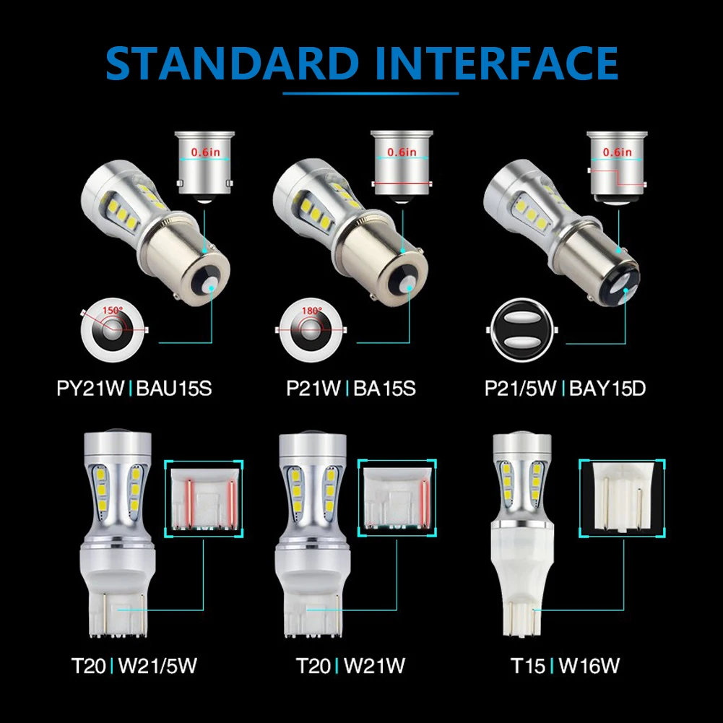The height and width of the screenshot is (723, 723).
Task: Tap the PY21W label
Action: click(90, 389)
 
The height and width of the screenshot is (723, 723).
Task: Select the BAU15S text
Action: click(174, 389)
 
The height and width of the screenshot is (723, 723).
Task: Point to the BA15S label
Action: click(384, 389)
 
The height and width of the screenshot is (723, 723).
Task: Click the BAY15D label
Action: click(607, 389)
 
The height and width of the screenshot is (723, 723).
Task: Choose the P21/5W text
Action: click(520, 389)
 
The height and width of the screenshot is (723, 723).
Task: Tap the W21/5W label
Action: click(157, 666)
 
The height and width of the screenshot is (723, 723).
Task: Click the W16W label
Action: click(589, 666)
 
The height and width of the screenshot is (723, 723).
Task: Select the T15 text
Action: click(528, 666)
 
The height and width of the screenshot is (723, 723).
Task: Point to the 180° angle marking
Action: click(312, 311)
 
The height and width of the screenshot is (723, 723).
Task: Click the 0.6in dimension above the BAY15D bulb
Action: click(617, 152)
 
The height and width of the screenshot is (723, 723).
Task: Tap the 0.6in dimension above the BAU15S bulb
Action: click(206, 152)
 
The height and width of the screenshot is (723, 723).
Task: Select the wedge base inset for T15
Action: click(622, 498)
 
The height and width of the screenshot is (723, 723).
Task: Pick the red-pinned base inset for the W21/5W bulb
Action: click(204, 498)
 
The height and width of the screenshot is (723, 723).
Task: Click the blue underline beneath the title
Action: click(371, 93)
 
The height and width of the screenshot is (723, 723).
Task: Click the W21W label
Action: click(374, 666)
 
